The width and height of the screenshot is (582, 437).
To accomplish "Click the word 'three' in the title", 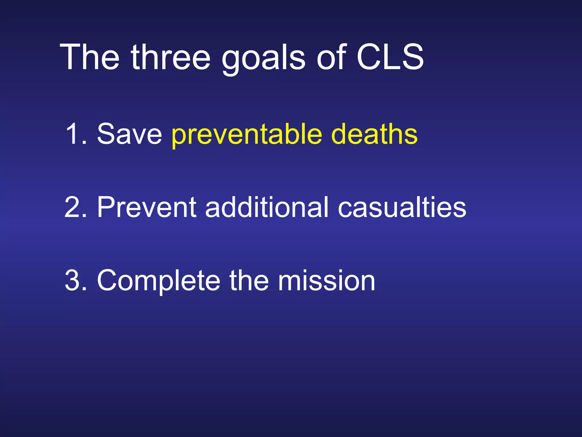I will tap(171, 57).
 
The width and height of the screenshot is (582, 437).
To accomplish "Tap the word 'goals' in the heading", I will tap(263, 58).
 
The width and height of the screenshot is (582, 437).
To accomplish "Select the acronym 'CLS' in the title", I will tap(390, 57).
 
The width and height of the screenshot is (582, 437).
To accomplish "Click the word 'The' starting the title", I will tap(90, 57).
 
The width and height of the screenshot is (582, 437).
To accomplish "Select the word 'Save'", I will tap(129, 134).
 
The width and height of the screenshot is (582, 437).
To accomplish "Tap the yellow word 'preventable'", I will tap(247, 135).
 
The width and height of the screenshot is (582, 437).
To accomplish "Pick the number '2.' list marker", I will tap(76, 207).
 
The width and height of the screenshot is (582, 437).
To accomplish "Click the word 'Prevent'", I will tap(147, 207).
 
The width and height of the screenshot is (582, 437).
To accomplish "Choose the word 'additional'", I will tap(267, 207).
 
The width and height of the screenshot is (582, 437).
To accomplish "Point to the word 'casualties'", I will tap(402, 207).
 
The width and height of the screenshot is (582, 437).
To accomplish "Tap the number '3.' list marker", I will tap(76, 281).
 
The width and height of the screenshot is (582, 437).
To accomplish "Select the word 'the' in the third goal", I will tap(249, 281).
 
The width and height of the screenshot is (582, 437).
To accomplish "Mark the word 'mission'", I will tap(327, 281).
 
